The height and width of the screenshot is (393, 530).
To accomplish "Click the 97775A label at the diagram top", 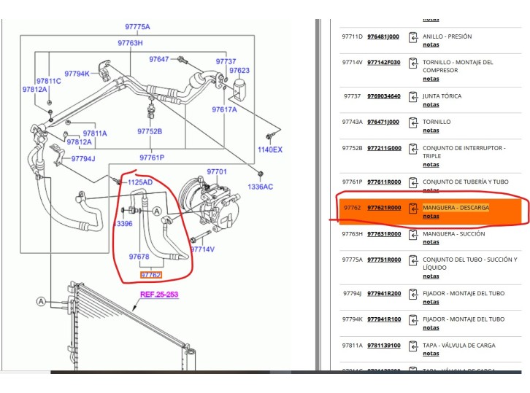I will coord(137,27).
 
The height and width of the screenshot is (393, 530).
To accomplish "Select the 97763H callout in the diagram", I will coord(130,43).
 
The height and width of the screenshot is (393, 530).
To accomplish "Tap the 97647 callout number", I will coord(159,59).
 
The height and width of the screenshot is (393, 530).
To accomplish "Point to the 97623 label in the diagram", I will coord(239,71).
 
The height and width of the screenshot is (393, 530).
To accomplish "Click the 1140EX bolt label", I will coord(269,149).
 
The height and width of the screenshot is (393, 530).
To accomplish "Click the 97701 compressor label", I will coord(217,172).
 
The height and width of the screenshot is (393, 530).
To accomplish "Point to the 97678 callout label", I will coord(139,257).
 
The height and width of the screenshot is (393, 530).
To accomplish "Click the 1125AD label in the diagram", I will coord(139,182).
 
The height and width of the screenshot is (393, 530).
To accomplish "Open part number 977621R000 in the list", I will coord(383,208).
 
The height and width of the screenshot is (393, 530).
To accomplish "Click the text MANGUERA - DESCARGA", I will coord(456,208).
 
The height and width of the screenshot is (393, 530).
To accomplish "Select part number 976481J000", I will coord(383,36).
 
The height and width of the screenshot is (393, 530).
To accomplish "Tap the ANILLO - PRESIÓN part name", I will coord(447,36).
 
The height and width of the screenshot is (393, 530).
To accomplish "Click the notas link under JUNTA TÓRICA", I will coord(431,104).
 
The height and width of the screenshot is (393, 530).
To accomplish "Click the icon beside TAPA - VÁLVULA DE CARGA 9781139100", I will coord(412,346).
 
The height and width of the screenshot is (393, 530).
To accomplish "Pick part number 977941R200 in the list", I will coord(383,294).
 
